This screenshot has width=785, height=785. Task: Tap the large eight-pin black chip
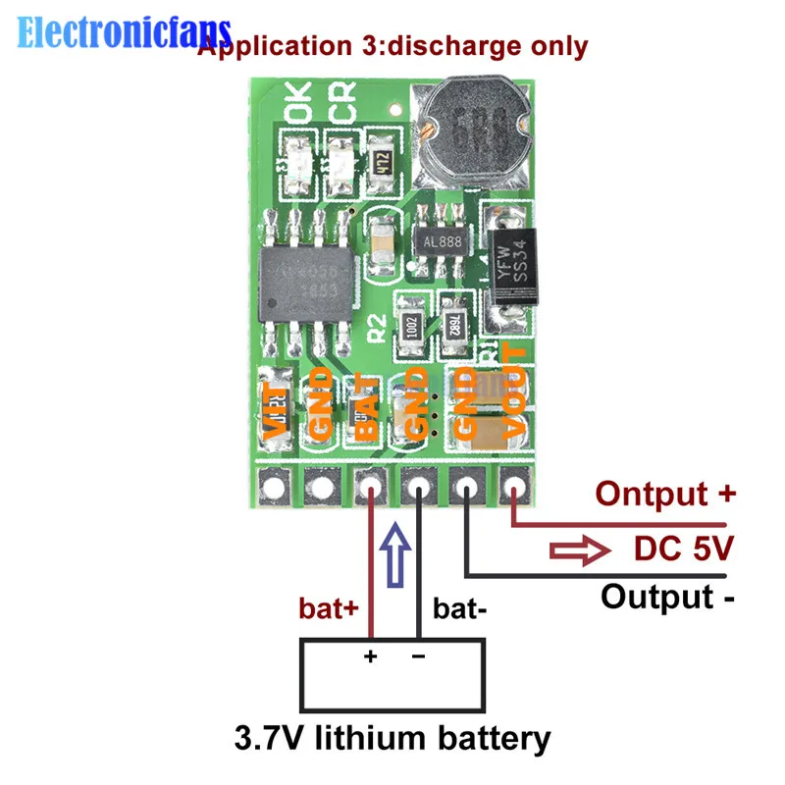pyautogui.click(x=303, y=285)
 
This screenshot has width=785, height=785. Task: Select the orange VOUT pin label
pyautogui.click(x=516, y=392)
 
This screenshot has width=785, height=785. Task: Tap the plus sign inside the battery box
pyautogui.click(x=371, y=655)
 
